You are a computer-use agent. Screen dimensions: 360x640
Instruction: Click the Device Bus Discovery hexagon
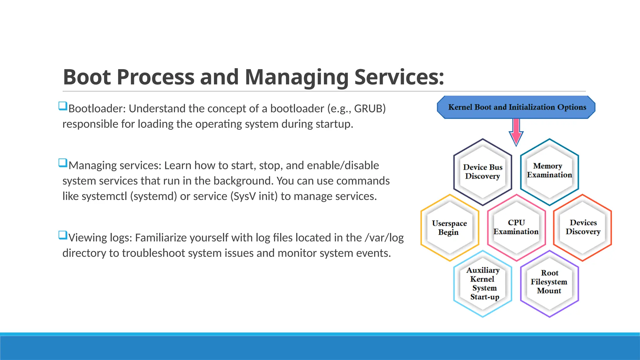pos(482,172)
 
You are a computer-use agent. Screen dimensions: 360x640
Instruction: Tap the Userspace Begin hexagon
pos(449,228)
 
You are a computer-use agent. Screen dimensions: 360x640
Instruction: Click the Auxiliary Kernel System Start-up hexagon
pos(483,283)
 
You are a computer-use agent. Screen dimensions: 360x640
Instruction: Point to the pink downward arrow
pos(516,132)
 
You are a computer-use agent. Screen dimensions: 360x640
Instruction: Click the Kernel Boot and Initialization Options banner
pos(516,107)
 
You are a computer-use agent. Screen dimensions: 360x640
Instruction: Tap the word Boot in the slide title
pos(87,77)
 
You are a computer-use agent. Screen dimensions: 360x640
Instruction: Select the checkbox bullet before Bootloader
pos(63,106)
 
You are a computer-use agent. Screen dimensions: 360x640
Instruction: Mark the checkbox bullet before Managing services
pos(63,163)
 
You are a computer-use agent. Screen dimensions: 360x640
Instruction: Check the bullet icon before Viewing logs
pos(63,235)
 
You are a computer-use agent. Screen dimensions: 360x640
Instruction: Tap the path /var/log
pos(384,238)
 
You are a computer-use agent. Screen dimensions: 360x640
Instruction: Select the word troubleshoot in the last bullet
pos(153,253)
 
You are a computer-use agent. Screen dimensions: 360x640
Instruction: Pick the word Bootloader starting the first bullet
pos(97,109)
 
